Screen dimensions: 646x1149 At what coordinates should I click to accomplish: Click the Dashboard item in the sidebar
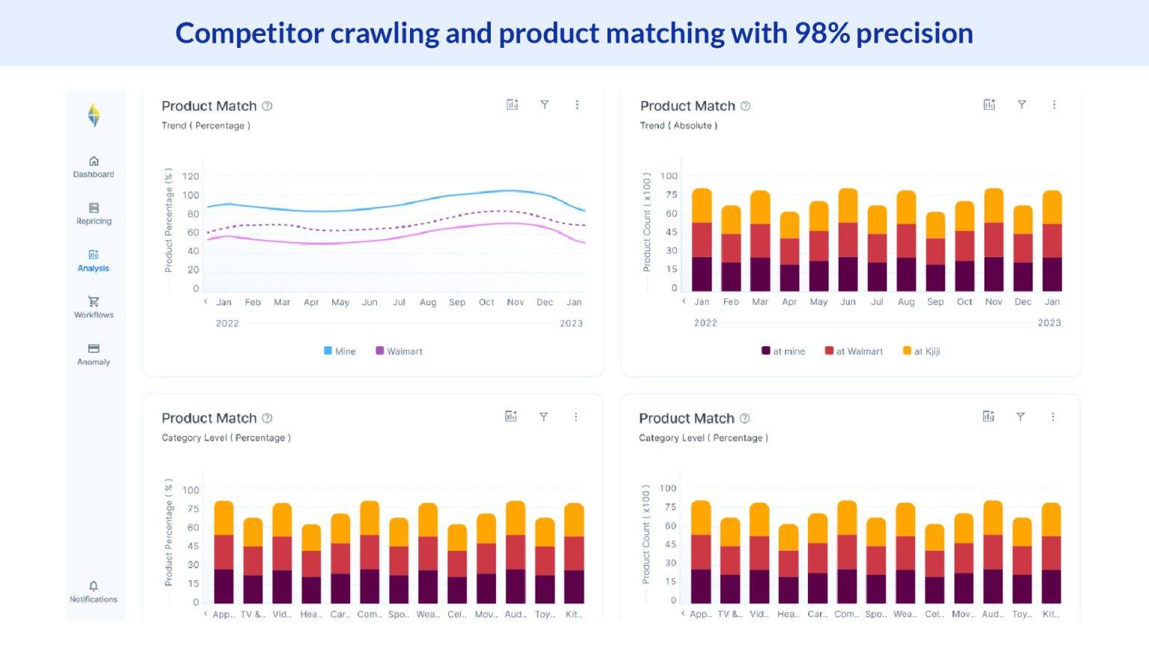point(94,167)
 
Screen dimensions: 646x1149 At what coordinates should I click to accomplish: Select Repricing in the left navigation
point(94,213)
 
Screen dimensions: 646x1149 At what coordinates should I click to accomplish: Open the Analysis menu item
point(94,260)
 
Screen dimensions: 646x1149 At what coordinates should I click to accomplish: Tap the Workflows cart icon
point(94,301)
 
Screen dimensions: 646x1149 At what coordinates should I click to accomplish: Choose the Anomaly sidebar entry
point(94,354)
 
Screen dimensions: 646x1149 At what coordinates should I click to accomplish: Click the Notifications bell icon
point(94,586)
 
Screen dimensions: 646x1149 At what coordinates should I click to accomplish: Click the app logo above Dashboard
point(94,115)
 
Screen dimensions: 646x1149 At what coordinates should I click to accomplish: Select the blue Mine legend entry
point(340,351)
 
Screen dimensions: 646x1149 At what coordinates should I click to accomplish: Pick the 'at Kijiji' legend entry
point(922,351)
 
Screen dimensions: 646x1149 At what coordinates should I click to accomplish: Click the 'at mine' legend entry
point(783,351)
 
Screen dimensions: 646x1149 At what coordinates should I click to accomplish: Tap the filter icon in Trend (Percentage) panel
point(545,105)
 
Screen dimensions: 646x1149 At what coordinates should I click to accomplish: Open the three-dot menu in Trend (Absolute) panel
point(1054,105)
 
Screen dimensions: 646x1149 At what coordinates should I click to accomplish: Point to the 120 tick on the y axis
point(191,176)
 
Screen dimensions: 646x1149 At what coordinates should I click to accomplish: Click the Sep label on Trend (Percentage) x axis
point(457,303)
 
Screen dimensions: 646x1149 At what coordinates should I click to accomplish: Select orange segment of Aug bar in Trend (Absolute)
point(906,207)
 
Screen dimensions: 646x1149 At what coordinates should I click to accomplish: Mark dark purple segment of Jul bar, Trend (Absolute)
point(877,277)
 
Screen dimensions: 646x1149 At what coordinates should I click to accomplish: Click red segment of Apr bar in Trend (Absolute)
point(789,251)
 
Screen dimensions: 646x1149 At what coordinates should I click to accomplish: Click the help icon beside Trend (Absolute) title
point(745,106)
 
